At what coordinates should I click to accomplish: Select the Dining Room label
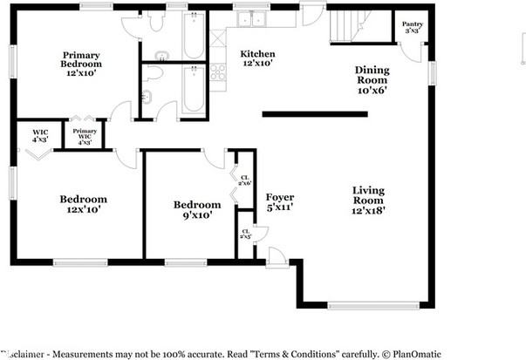(372, 79)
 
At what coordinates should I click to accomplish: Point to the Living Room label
(368, 200)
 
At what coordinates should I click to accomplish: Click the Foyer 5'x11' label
(280, 202)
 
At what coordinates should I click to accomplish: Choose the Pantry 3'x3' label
(413, 27)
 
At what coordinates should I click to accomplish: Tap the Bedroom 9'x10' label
(197, 209)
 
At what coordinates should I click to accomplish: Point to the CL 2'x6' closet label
(247, 181)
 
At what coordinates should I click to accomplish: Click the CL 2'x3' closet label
(246, 234)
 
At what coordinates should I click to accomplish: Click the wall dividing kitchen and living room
(314, 113)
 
